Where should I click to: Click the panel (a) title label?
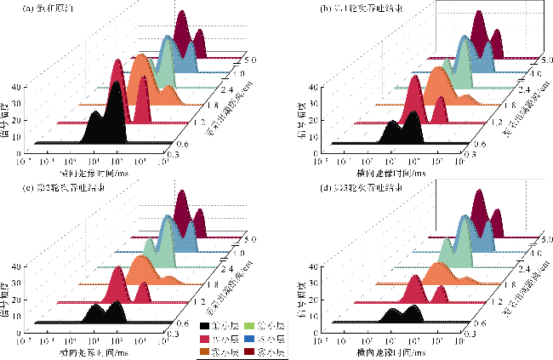(48, 9)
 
